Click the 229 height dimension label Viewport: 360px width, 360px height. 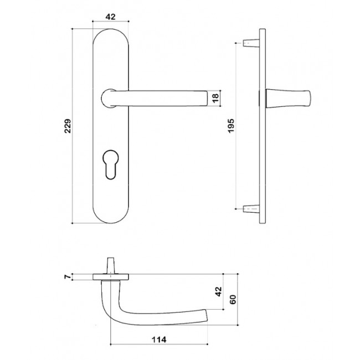[x=68, y=126]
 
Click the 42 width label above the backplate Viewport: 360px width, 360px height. [x=110, y=17]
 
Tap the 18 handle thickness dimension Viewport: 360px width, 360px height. [x=215, y=98]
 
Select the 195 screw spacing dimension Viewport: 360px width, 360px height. [x=231, y=125]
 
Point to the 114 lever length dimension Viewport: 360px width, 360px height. [x=159, y=340]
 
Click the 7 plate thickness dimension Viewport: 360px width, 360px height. [x=68, y=277]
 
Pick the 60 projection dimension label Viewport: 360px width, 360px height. [x=233, y=300]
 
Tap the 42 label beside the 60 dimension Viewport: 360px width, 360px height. [x=219, y=291]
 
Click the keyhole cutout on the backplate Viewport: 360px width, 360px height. [x=110, y=164]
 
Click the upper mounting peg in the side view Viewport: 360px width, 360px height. [x=251, y=43]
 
